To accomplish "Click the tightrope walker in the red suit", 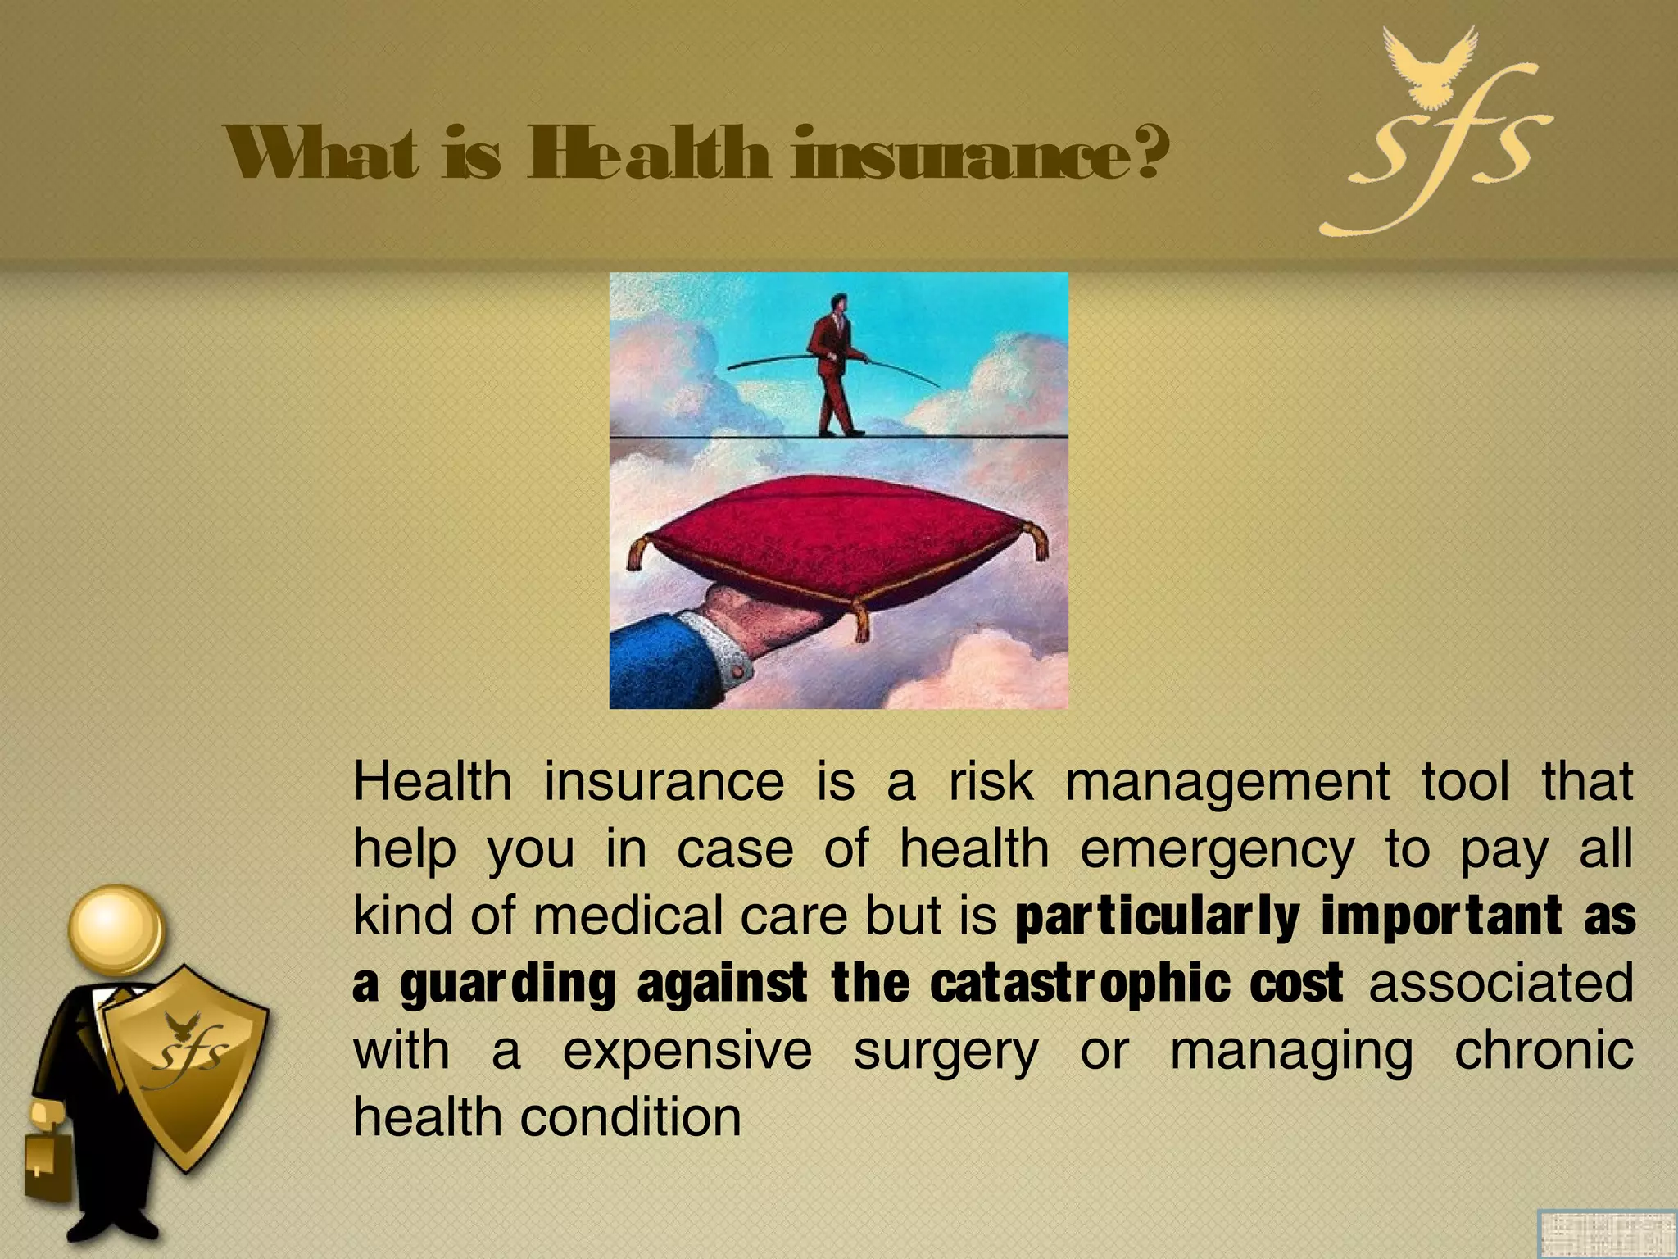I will (x=832, y=365).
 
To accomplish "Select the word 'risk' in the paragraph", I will (x=991, y=781).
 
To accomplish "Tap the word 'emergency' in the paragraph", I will (x=1217, y=850).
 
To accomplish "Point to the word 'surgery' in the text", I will (x=946, y=1052).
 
